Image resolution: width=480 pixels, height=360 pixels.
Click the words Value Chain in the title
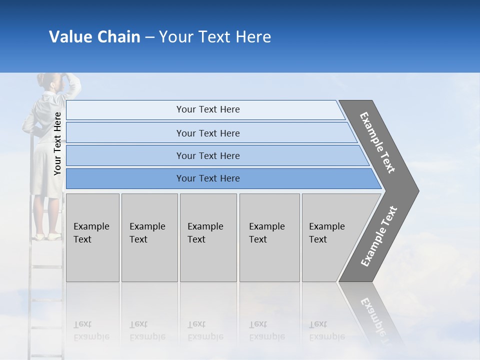click(94, 37)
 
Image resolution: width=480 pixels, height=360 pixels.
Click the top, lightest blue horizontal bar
click(208, 109)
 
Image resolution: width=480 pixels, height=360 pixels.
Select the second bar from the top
click(208, 133)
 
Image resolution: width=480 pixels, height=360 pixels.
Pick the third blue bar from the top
click(208, 155)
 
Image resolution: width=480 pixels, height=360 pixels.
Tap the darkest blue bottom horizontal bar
click(208, 178)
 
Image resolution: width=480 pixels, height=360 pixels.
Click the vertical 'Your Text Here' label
click(57, 143)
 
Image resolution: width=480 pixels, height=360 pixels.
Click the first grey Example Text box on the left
click(92, 237)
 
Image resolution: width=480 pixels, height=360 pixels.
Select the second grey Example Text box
click(149, 237)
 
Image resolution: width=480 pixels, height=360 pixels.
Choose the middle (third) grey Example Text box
click(208, 237)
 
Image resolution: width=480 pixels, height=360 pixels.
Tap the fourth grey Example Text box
click(269, 237)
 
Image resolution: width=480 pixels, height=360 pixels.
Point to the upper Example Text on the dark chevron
click(377, 142)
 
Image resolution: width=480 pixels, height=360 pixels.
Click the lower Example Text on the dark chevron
click(378, 236)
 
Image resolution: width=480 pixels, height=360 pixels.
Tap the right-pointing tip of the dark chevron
click(415, 190)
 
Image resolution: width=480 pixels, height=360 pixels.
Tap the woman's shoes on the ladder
click(47, 236)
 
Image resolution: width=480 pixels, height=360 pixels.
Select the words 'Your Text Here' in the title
click(215, 37)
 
